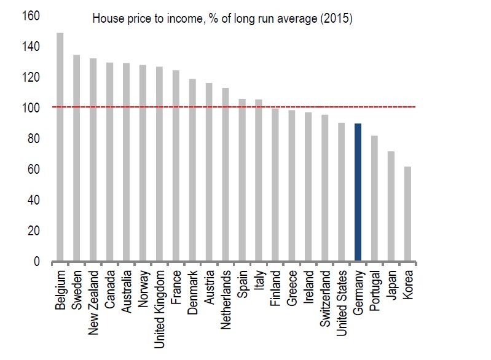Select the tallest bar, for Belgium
click(60, 147)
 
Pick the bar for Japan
click(391, 206)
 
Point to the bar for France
click(176, 166)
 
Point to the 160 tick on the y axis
click(31, 15)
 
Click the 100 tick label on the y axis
click(31, 108)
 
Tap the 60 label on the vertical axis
click(33, 170)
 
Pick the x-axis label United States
click(342, 301)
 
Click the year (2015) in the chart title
click(336, 18)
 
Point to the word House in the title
click(106, 18)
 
